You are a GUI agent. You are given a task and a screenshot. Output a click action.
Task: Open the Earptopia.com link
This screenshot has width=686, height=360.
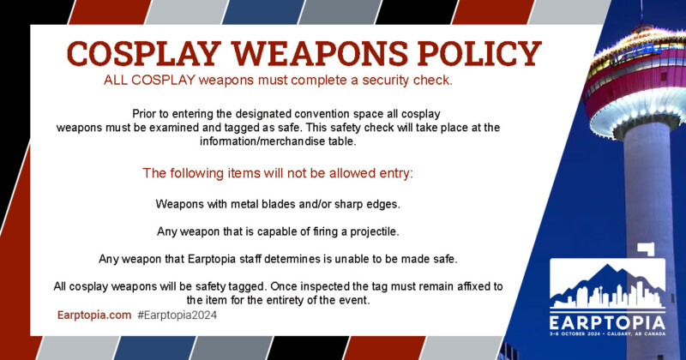(93, 315)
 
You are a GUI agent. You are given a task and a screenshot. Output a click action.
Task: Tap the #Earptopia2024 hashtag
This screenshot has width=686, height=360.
(178, 315)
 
